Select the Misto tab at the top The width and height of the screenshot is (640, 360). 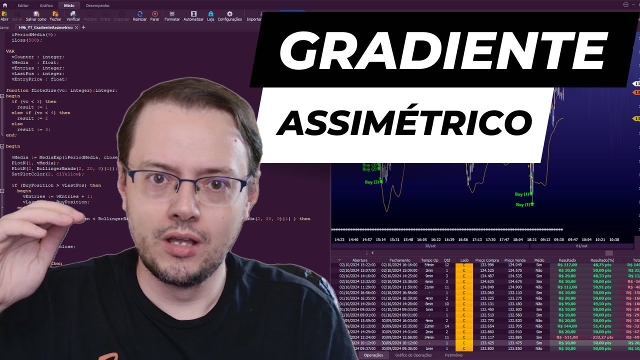(69, 5)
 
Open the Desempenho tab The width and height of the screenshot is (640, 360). (97, 5)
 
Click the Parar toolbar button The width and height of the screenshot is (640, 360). (155, 16)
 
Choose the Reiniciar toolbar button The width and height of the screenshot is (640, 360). (139, 16)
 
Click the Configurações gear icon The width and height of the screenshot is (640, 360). (229, 16)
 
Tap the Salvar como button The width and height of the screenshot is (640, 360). (36, 16)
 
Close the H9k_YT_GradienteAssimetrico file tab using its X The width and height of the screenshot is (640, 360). (76, 27)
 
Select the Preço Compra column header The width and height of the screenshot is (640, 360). (487, 260)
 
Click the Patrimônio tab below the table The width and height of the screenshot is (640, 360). (453, 355)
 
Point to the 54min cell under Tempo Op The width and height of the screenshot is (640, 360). (429, 265)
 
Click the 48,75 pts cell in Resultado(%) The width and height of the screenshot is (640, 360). (600, 265)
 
